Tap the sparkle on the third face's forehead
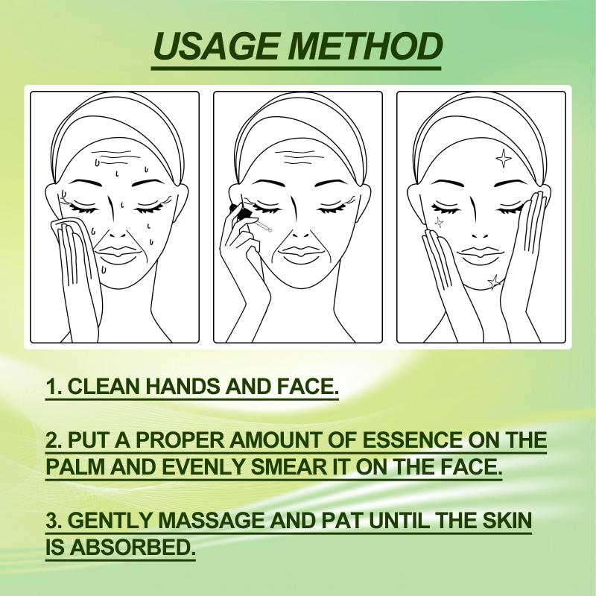tap(504, 158)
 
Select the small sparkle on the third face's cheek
tap(439, 222)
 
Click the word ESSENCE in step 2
tap(412, 440)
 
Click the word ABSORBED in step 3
tap(130, 547)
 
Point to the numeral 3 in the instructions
tap(51, 520)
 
